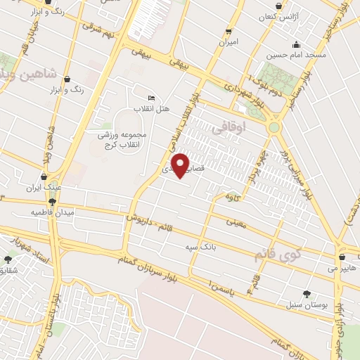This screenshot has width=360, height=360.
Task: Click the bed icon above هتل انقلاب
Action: click(151, 98)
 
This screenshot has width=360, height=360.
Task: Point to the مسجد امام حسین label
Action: click(295, 54)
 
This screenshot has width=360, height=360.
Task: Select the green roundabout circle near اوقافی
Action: click(274, 127)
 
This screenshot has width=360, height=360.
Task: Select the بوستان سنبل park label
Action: click(302, 304)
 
